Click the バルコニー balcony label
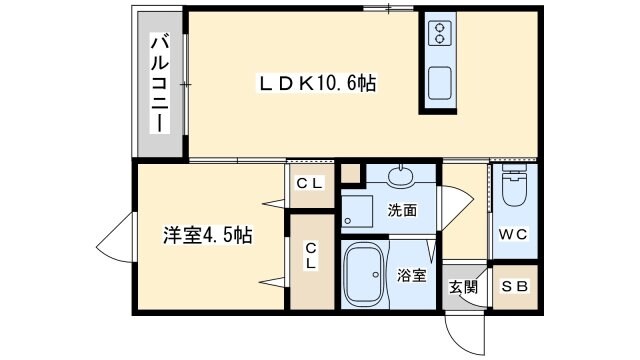159,84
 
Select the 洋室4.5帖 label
208,237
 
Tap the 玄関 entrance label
463,287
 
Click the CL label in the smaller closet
309,183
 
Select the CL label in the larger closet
311,256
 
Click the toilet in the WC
513,188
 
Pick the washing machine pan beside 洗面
356,211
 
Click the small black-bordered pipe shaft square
349,173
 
